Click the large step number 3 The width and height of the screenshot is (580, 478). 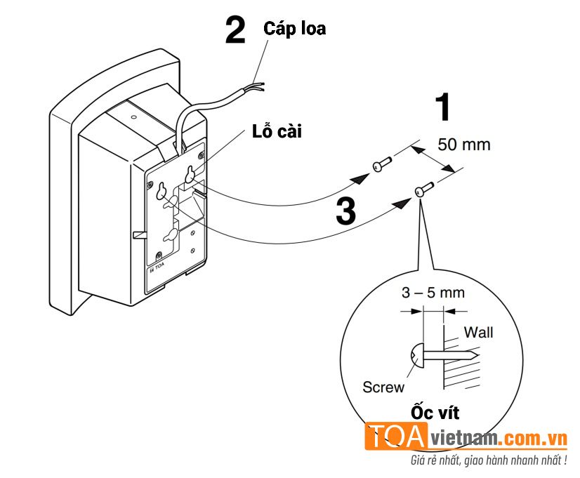(345, 212)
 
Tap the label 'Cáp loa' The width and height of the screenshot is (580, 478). (294, 29)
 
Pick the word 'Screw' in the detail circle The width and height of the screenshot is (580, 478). (383, 387)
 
